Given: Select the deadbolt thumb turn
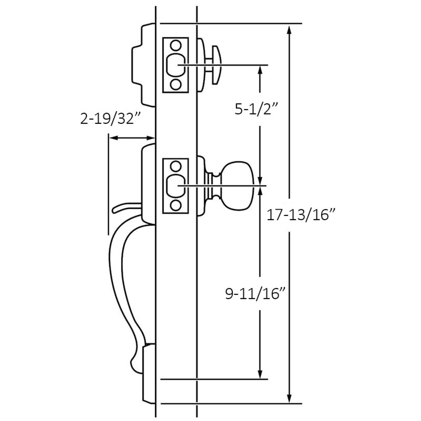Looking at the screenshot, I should (x=216, y=65).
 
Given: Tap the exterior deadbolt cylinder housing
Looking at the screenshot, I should (x=143, y=65).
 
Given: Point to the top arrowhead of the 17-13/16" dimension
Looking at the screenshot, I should (x=289, y=30).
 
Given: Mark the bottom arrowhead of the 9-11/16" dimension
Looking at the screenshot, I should (x=260, y=374).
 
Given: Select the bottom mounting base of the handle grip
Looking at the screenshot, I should (x=149, y=373).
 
